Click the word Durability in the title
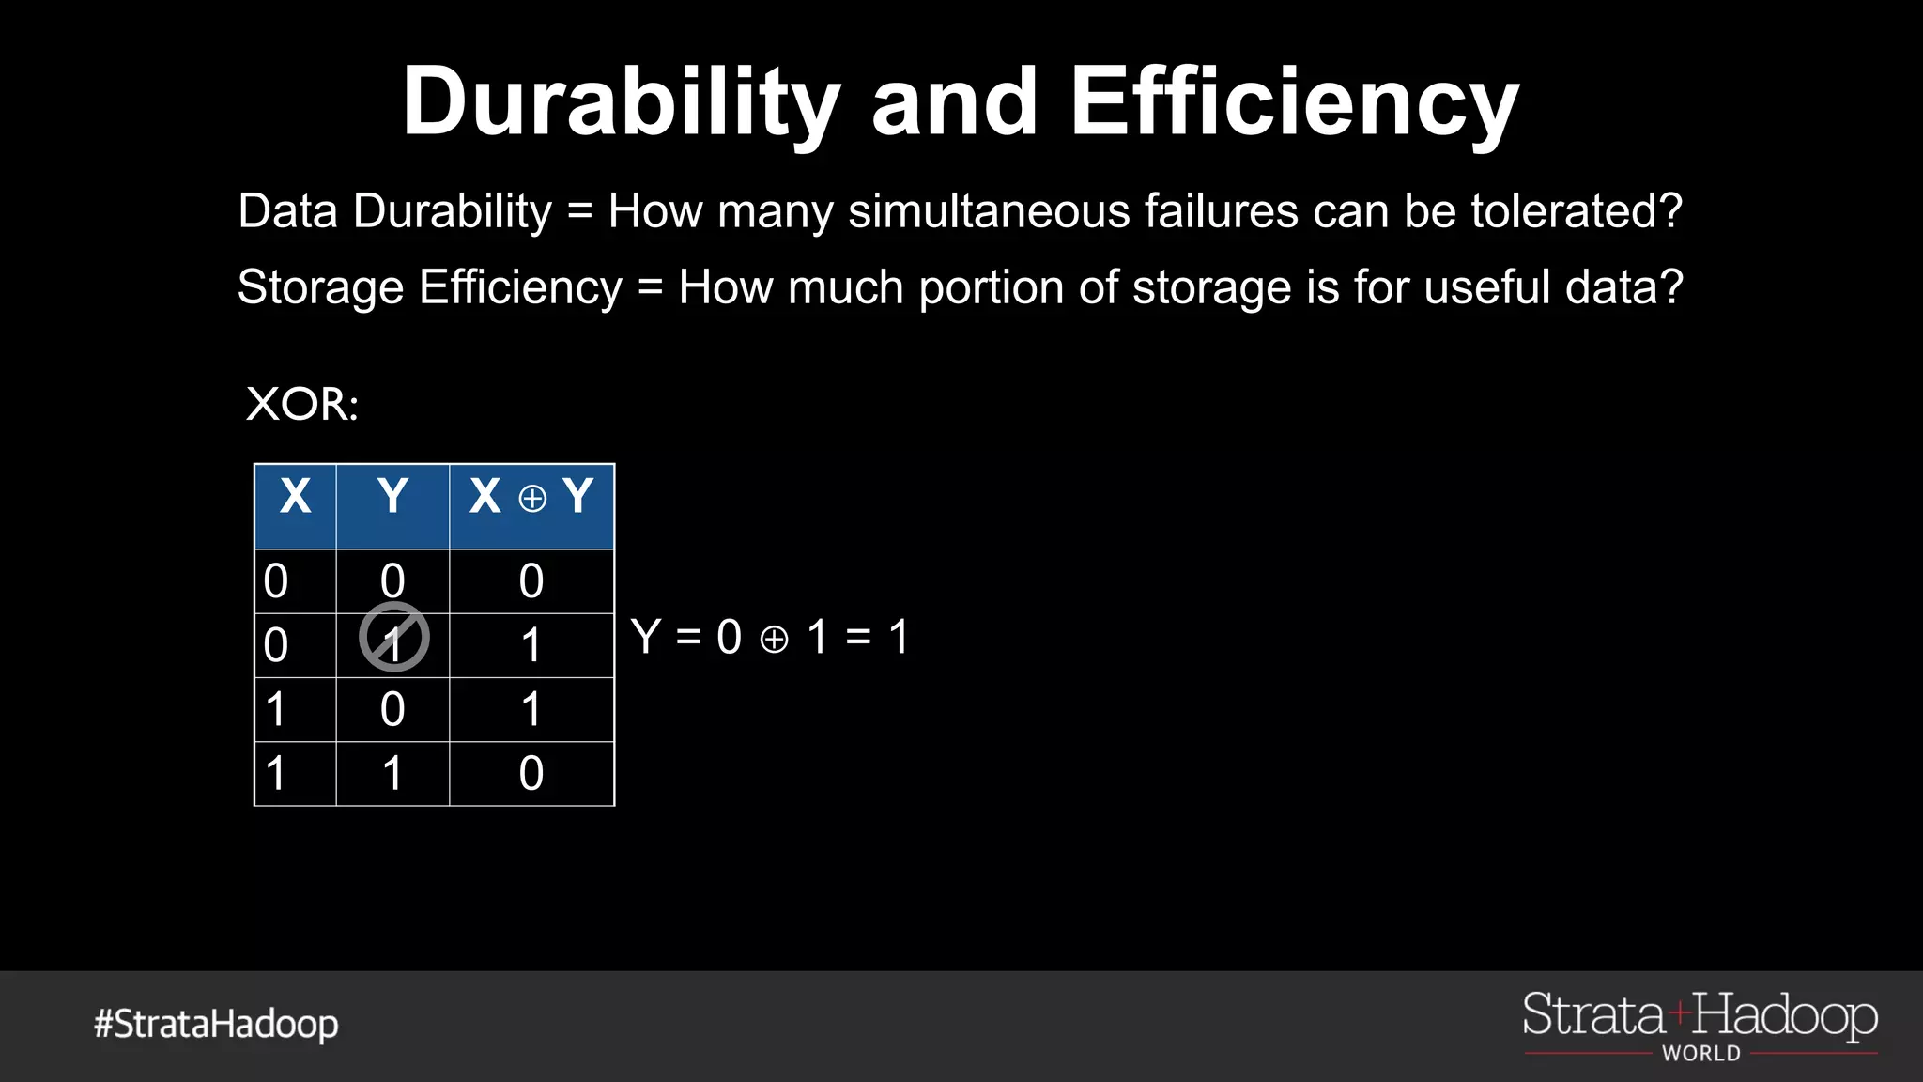[x=620, y=101]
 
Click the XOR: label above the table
[x=301, y=405]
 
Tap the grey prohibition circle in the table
[x=394, y=638]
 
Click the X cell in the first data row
[x=276, y=581]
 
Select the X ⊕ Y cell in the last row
[x=531, y=774]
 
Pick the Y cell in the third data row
[x=392, y=709]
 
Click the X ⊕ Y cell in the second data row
[x=531, y=645]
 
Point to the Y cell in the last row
[x=392, y=774]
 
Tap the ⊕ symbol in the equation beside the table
[x=774, y=640]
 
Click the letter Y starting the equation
[x=646, y=637]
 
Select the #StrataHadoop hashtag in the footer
[x=216, y=1024]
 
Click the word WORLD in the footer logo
[x=1701, y=1054]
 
